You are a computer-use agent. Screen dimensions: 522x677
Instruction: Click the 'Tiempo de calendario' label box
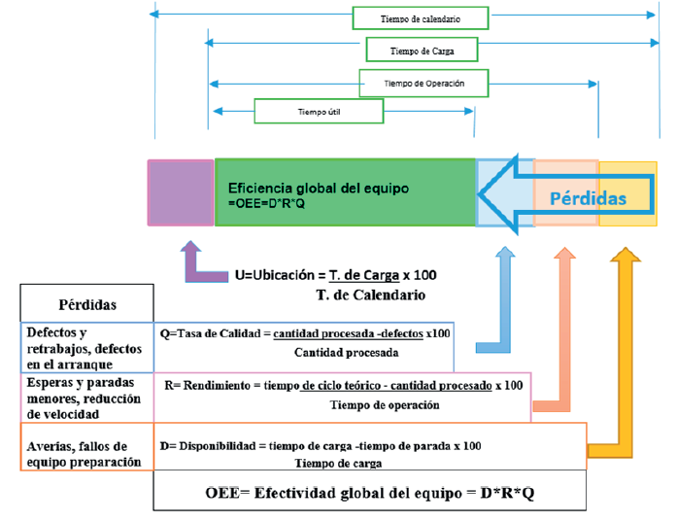(421, 18)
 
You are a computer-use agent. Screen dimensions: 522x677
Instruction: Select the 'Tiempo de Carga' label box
(421, 50)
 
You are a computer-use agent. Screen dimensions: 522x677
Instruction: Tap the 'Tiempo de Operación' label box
(423, 84)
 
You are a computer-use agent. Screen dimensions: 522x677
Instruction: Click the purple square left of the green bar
(181, 192)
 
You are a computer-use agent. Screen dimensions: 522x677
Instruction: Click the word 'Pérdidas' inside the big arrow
(589, 197)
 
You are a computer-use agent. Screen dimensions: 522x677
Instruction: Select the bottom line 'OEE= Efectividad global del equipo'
(369, 492)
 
